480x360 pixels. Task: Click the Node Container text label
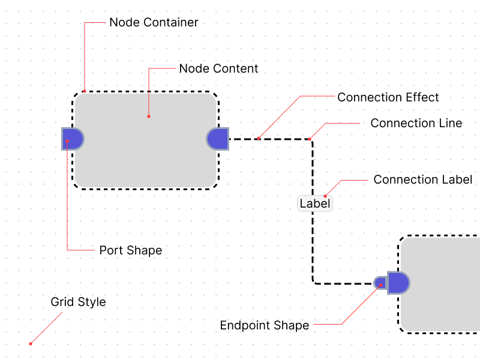click(154, 23)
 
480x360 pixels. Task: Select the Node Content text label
click(218, 68)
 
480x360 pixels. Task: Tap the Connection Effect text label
click(388, 97)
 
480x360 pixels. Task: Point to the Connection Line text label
click(416, 123)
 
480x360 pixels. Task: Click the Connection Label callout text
click(423, 179)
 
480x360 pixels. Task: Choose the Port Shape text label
click(131, 250)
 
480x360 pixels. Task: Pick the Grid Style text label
click(78, 302)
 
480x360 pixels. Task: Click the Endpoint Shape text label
click(265, 326)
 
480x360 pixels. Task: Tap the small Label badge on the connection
click(315, 203)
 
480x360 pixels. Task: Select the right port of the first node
click(218, 139)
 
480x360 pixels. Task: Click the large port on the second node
click(398, 283)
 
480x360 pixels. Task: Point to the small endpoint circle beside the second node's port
click(380, 283)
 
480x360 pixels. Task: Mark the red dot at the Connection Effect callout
click(259, 139)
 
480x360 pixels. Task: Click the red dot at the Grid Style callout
click(31, 344)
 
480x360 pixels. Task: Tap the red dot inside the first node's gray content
click(148, 116)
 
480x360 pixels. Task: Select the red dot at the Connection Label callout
click(325, 196)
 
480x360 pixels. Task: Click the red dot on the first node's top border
click(85, 91)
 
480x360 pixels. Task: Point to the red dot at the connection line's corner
click(310, 139)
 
